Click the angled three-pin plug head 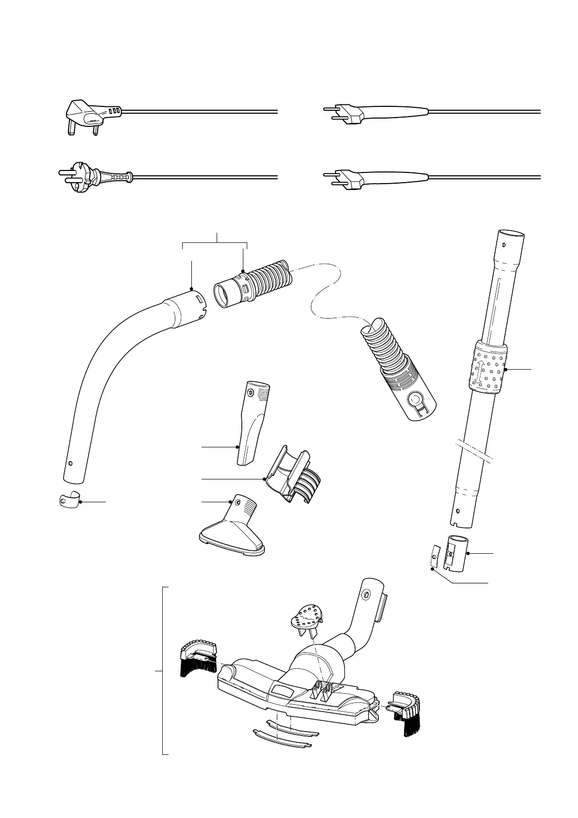[x=87, y=115]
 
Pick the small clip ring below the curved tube [x=68, y=501]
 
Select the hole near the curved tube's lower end [x=71, y=462]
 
